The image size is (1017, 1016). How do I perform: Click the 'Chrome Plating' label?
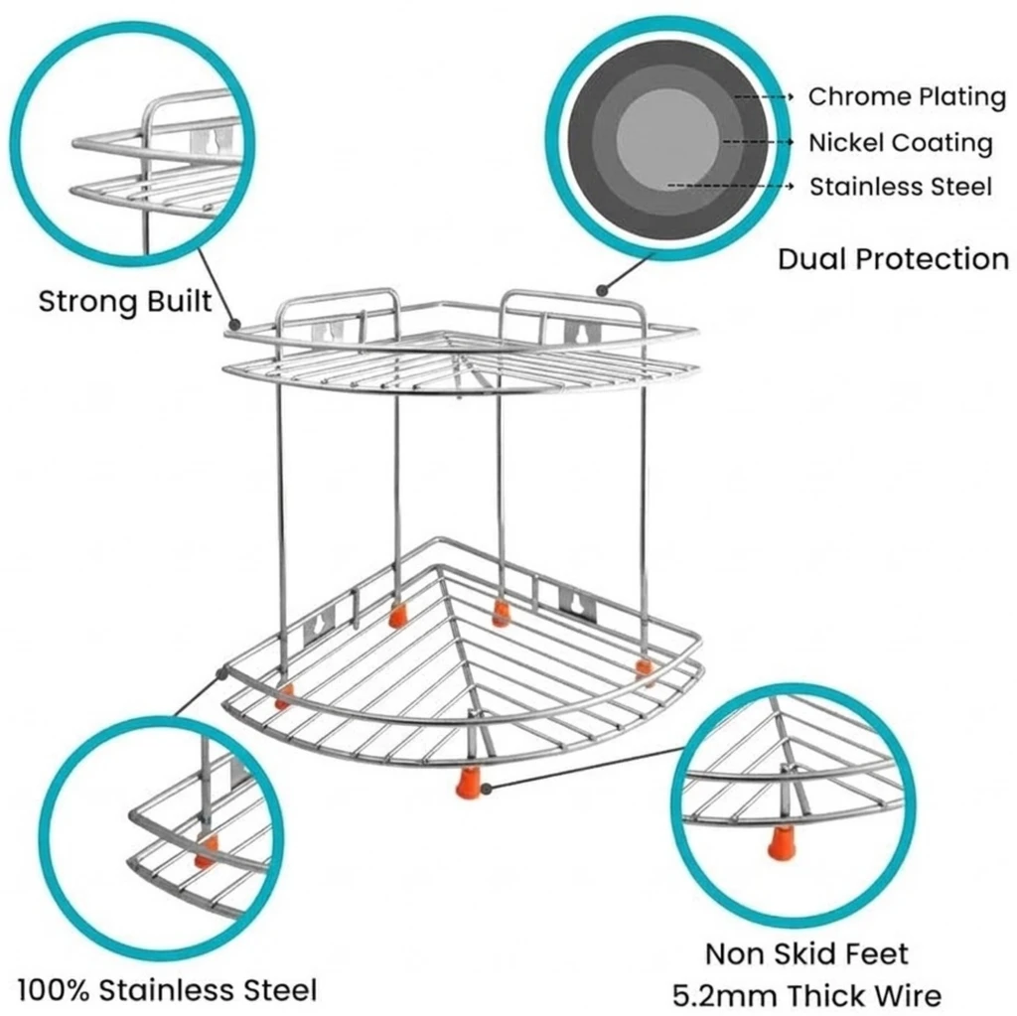click(x=907, y=96)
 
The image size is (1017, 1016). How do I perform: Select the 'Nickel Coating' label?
click(x=900, y=142)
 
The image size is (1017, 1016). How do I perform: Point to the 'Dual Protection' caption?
click(x=893, y=259)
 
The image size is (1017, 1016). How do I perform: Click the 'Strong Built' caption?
click(x=125, y=301)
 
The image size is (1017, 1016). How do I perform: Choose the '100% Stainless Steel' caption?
click(x=167, y=989)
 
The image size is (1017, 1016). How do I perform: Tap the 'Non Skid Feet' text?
click(x=806, y=954)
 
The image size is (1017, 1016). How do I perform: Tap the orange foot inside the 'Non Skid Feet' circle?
click(x=781, y=844)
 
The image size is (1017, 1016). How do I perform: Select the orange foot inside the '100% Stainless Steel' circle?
click(x=206, y=851)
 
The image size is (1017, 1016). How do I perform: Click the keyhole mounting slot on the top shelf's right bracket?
click(x=573, y=331)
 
